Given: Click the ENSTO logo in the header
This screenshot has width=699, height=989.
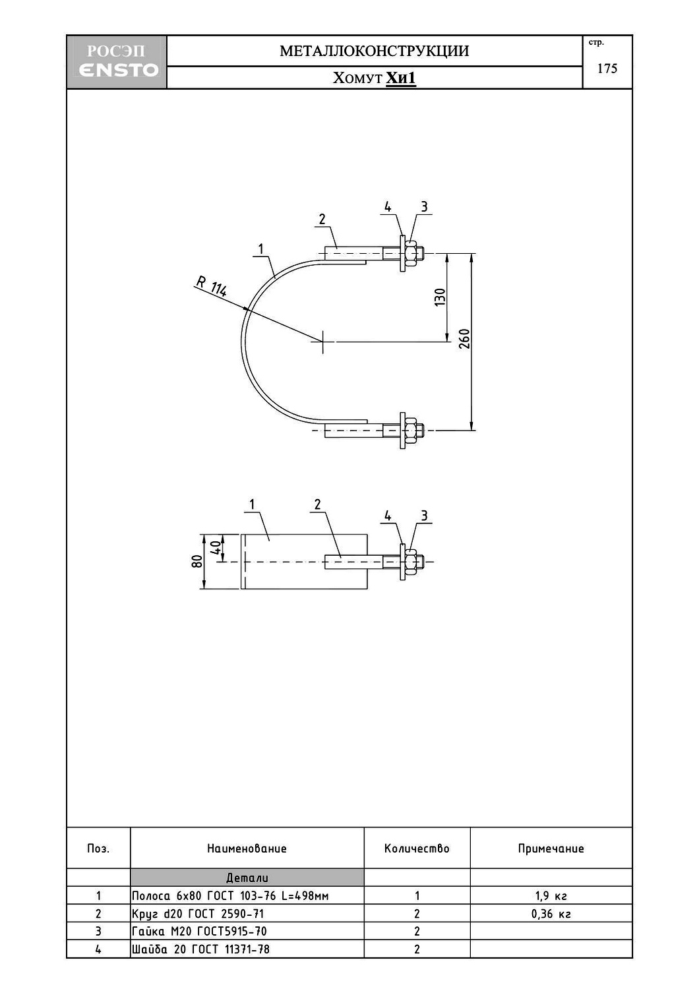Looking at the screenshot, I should pyautogui.click(x=117, y=70).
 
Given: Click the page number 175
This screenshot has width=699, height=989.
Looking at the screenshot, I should pyautogui.click(x=607, y=69).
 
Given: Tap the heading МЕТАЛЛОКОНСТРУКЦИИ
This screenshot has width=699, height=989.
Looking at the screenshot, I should pyautogui.click(x=374, y=51).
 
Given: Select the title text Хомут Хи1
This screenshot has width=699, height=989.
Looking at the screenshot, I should pyautogui.click(x=374, y=78).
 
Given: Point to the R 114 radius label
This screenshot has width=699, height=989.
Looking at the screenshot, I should pyautogui.click(x=211, y=287).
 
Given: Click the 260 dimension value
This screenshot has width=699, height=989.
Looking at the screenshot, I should pyautogui.click(x=464, y=338).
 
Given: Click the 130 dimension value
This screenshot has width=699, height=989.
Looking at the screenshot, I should pyautogui.click(x=440, y=297).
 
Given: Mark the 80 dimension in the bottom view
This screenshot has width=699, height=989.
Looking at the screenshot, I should pyautogui.click(x=196, y=561).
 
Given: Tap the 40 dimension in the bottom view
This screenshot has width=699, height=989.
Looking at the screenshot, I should pyautogui.click(x=215, y=547).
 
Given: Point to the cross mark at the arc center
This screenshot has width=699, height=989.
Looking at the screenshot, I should pyautogui.click(x=322, y=342).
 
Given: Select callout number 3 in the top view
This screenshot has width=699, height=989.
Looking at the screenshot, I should pyautogui.click(x=424, y=207).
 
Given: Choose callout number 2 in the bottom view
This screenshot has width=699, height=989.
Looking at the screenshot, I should pyautogui.click(x=318, y=504).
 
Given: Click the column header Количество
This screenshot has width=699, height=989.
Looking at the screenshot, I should pyautogui.click(x=417, y=849).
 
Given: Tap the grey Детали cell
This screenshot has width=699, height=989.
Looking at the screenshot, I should pyautogui.click(x=247, y=878).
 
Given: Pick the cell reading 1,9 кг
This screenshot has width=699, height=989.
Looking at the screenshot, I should pyautogui.click(x=551, y=896).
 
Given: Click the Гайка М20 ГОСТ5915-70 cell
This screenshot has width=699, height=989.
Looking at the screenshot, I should pyautogui.click(x=200, y=932).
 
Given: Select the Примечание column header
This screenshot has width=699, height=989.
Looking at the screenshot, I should pyautogui.click(x=551, y=849).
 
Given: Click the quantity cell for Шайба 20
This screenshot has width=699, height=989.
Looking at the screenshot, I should pyautogui.click(x=417, y=949).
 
